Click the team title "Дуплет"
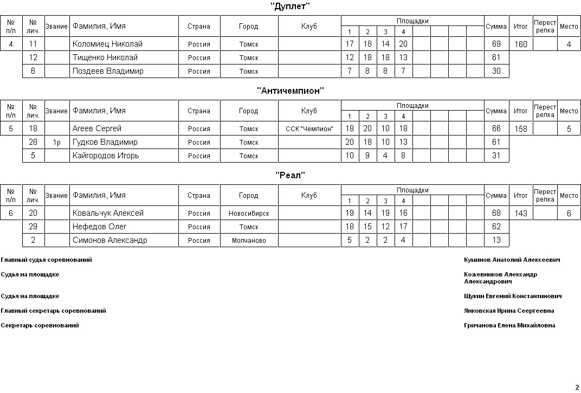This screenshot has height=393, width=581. (290, 7)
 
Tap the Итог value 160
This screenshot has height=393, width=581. (520, 44)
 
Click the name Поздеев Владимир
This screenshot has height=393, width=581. (108, 71)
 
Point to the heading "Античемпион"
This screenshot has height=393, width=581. (290, 91)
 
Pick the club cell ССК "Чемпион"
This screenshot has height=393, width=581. (309, 129)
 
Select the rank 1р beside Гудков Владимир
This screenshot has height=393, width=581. (57, 143)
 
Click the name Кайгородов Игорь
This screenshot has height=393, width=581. (106, 156)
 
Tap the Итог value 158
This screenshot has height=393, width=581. (520, 129)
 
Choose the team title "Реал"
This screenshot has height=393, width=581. (290, 175)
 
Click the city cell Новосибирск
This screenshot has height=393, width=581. (249, 214)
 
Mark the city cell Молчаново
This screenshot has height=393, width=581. (249, 241)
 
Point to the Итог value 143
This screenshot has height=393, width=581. (520, 214)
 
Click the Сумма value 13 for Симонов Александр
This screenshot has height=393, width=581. (496, 240)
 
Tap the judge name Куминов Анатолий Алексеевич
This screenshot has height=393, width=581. (512, 260)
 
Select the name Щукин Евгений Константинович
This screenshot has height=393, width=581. (513, 297)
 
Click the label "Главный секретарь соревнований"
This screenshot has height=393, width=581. (54, 311)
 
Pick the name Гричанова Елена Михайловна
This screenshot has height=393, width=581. (509, 326)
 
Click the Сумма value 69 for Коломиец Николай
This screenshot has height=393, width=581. (496, 44)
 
